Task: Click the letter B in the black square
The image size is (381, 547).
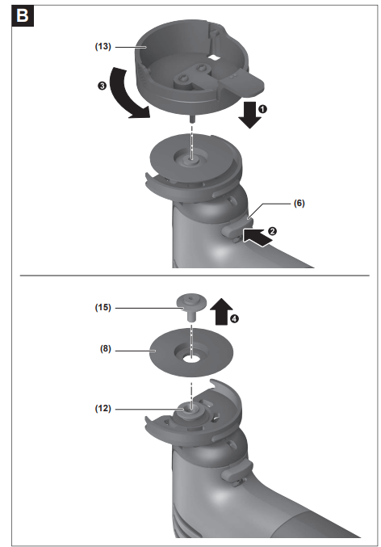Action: point(23,15)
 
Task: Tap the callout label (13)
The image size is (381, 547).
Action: point(103,46)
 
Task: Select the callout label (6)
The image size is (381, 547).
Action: point(299,203)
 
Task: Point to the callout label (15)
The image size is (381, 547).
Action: point(103,307)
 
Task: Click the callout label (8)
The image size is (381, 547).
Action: point(106,348)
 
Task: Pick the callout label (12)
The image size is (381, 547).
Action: point(103,408)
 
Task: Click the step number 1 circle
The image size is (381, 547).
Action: point(263,109)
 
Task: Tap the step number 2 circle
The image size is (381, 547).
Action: point(272,231)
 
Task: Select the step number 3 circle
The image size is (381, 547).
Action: point(102,86)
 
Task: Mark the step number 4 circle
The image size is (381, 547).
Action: point(235,318)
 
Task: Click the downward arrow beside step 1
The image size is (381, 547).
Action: point(249,115)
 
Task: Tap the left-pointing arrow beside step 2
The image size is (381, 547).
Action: point(257,238)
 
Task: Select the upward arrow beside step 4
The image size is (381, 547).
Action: point(221,312)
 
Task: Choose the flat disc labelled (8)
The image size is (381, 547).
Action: point(164,360)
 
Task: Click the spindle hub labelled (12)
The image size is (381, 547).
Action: point(190,412)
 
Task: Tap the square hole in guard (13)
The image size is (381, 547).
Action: point(214,57)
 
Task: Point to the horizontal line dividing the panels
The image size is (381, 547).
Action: point(195,276)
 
